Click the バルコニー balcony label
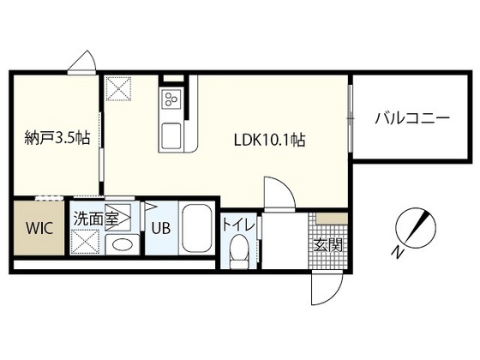point(412,118)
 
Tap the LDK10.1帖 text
point(269,141)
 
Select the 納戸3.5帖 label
point(57,137)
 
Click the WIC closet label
point(39,228)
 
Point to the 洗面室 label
point(96,219)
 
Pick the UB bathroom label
point(161,228)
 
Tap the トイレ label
point(238,225)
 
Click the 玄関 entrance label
point(328,244)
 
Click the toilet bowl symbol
point(240,251)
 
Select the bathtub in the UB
point(197,228)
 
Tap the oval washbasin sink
point(122,244)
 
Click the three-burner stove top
point(171,99)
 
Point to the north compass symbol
point(416,228)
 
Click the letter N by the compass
point(397,252)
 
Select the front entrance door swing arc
point(327,288)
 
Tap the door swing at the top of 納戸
point(81,61)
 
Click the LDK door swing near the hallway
point(279,192)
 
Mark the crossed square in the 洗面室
point(85,242)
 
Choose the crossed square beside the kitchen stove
point(118,89)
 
